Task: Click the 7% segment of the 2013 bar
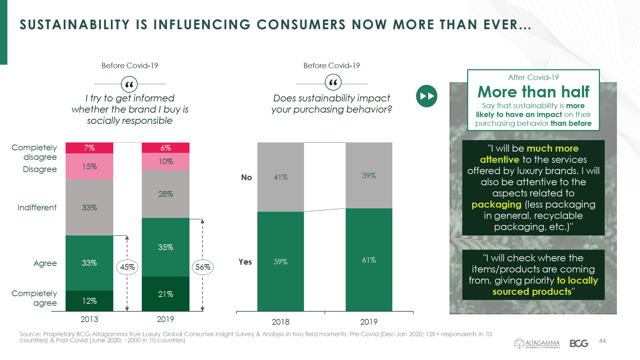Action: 89,148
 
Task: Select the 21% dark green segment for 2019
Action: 166,294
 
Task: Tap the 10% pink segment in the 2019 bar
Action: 166,162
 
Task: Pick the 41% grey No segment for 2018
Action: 280,177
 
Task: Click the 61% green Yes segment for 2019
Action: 369,260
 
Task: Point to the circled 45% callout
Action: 127,267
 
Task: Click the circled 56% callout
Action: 203,267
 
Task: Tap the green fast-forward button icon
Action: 427,96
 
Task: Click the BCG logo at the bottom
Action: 579,343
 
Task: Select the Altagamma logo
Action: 537,343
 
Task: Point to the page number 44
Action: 602,341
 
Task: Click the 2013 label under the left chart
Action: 89,319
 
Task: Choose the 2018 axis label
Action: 280,322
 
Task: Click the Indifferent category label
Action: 37,208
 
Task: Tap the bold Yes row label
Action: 245,262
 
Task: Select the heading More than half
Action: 534,92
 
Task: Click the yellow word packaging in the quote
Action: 497,205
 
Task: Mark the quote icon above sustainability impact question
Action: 333,82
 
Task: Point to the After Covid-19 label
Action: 534,77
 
